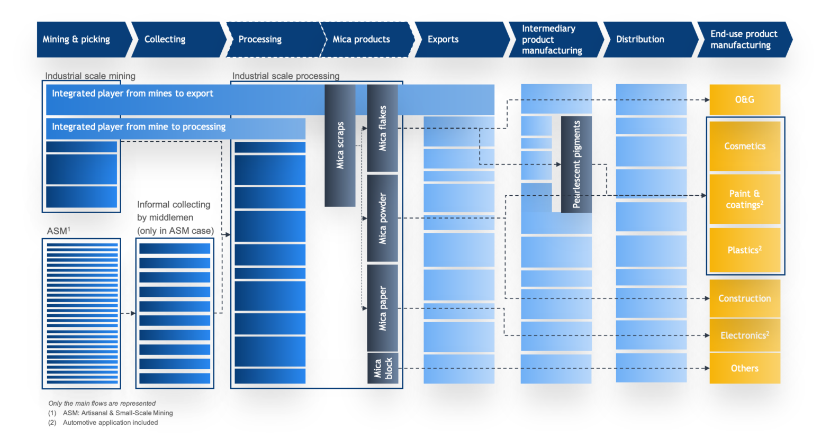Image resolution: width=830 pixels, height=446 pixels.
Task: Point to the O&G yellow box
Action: pyautogui.click(x=745, y=99)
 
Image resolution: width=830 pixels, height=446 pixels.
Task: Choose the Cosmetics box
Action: pyautogui.click(x=745, y=146)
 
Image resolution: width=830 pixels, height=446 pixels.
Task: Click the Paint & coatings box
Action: pyautogui.click(x=745, y=199)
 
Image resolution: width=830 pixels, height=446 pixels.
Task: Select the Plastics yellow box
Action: pyautogui.click(x=745, y=250)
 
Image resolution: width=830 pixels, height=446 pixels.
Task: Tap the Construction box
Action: pyautogui.click(x=745, y=298)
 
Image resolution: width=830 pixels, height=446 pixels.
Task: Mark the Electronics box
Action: pyautogui.click(x=745, y=335)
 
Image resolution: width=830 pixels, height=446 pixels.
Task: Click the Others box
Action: pyautogui.click(x=745, y=368)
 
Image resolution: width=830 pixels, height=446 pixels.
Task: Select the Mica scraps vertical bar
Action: pyautogui.click(x=340, y=145)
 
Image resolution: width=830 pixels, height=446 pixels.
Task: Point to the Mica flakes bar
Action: pyautogui.click(x=382, y=128)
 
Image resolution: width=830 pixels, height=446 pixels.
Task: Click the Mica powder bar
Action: pyautogui.click(x=382, y=218)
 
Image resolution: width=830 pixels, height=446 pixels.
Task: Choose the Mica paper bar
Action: pyautogui.click(x=382, y=308)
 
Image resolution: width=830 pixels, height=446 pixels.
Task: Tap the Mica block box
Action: pyautogui.click(x=382, y=368)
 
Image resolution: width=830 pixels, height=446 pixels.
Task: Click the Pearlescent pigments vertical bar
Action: pyautogui.click(x=576, y=164)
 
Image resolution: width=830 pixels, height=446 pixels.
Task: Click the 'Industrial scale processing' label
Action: pyautogui.click(x=286, y=76)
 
